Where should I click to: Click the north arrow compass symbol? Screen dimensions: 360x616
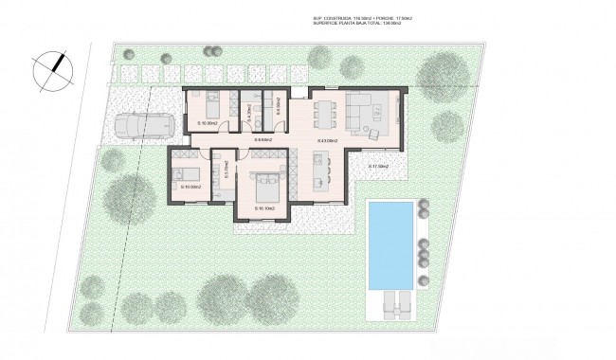(51, 69)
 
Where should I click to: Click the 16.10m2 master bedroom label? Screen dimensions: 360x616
(264, 207)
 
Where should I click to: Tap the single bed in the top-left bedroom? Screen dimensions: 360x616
(211, 103)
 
